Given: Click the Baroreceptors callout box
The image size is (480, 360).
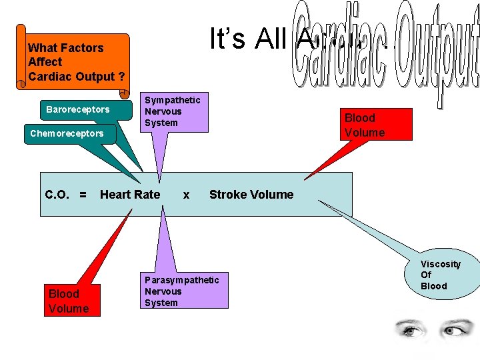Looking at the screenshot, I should pyautogui.click(x=77, y=109).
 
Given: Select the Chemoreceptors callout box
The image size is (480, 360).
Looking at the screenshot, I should pyautogui.click(x=67, y=133).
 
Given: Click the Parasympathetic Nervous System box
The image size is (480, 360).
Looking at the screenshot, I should pyautogui.click(x=182, y=291).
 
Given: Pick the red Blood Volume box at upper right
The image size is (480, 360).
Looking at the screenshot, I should pyautogui.click(x=364, y=125).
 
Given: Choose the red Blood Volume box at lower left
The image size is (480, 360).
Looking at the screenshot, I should pyautogui.click(x=69, y=301).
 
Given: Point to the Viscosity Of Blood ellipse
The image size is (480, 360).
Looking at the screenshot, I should pyautogui.click(x=439, y=275).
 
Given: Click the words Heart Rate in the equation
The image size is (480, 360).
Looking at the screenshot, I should pyautogui.click(x=130, y=195).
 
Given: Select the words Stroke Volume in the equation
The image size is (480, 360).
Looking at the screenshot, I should pyautogui.click(x=251, y=195).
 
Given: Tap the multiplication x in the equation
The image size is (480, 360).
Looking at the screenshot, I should pyautogui.click(x=186, y=195).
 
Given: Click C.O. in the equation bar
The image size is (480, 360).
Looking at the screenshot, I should pyautogui.click(x=58, y=195).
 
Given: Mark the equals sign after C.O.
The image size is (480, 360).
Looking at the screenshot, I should pyautogui.click(x=83, y=195).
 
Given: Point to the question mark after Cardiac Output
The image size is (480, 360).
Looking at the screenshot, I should pyautogui.click(x=121, y=76).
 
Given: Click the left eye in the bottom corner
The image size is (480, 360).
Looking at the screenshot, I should pyautogui.click(x=407, y=329).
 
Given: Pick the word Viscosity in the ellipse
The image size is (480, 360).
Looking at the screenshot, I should pyautogui.click(x=440, y=264).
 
